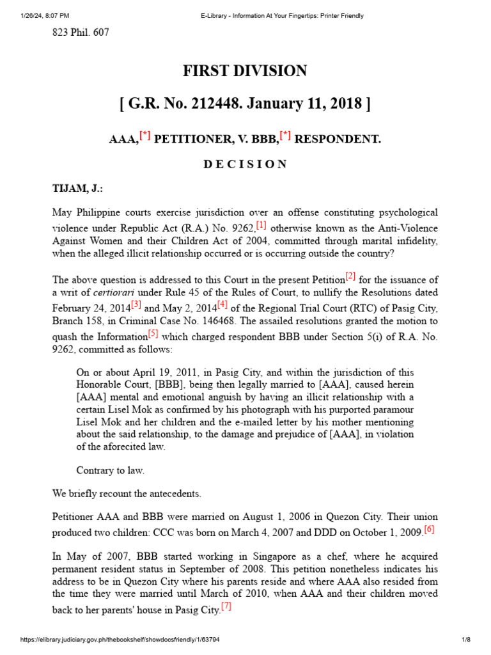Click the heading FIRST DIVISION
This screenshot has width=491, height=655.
[245, 71]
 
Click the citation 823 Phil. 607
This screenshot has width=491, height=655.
[80, 33]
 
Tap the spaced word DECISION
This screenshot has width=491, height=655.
[245, 164]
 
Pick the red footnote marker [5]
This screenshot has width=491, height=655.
[153, 333]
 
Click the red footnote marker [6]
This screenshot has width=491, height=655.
[429, 529]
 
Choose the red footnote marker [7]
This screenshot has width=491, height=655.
[226, 607]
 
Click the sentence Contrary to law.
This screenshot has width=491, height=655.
[110, 471]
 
